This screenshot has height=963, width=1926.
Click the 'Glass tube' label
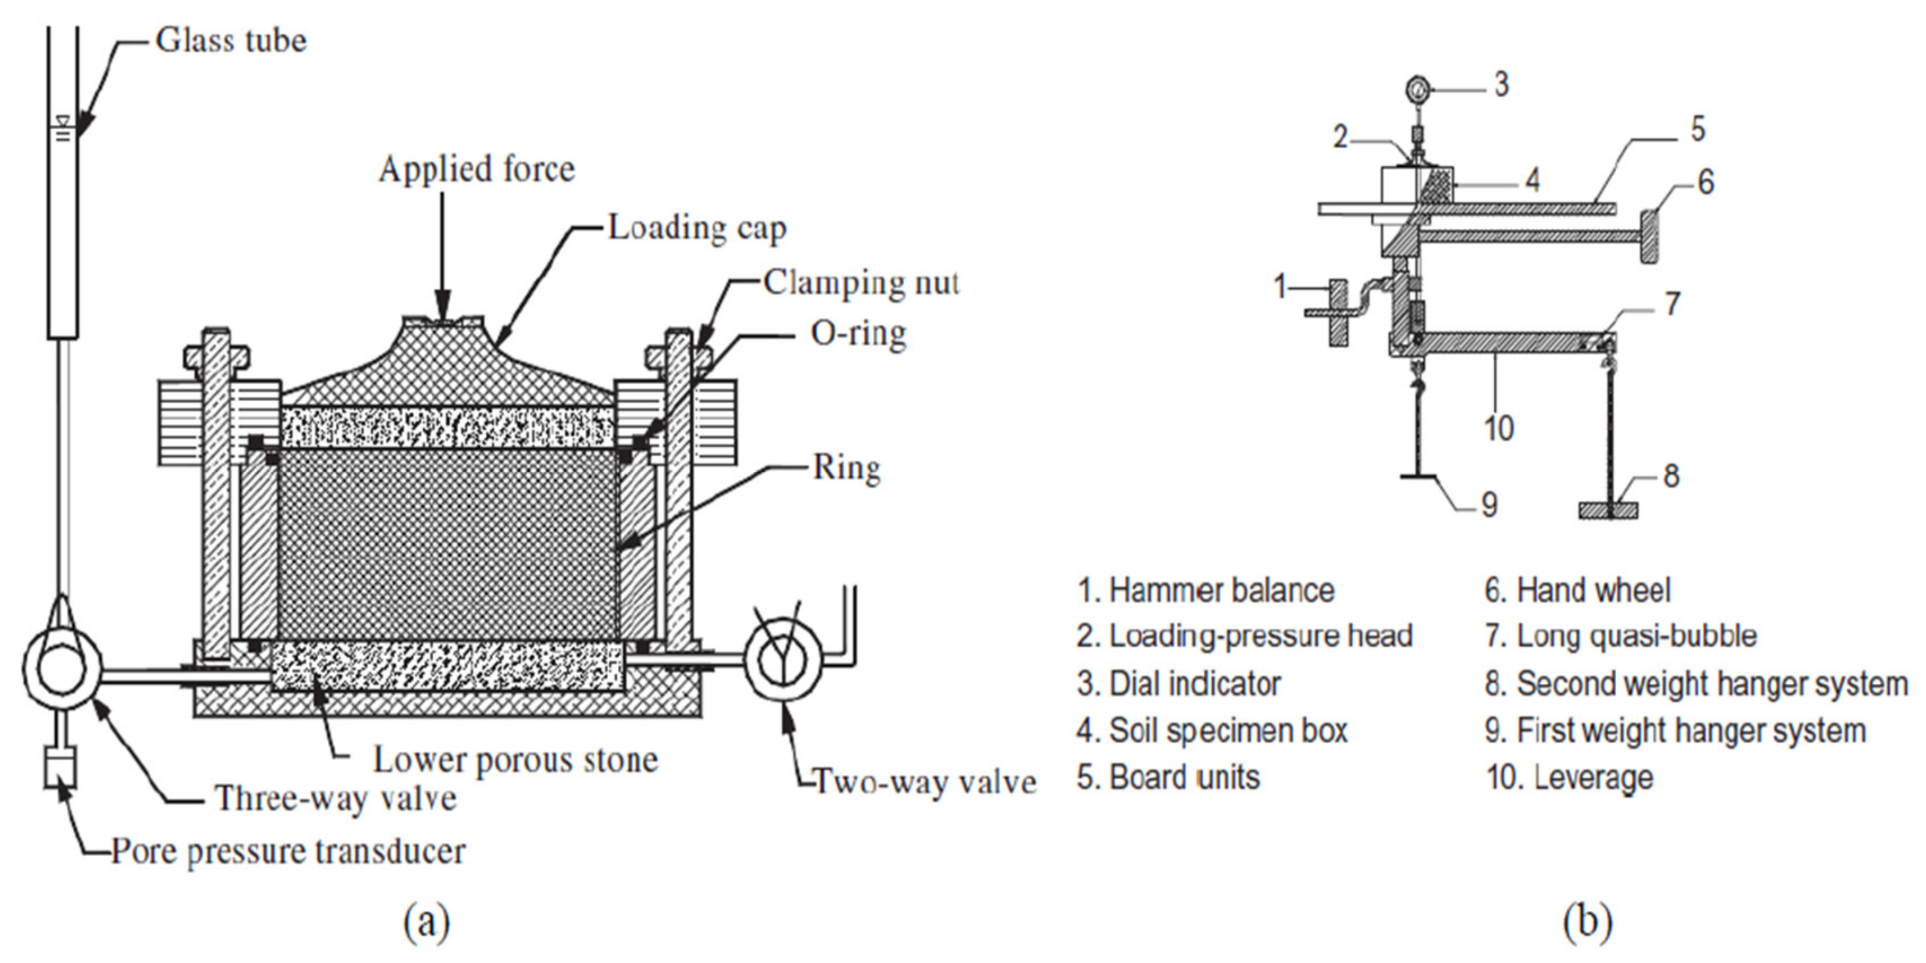231,40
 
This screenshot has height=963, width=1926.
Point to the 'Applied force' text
476,169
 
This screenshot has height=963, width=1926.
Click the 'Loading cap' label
697,228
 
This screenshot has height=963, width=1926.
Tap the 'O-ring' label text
859,333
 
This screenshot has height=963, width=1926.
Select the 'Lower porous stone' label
516,759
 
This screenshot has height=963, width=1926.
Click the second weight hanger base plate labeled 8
1607,510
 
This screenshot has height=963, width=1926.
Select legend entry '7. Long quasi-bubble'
1620,636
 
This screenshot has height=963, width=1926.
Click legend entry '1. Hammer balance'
1204,591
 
